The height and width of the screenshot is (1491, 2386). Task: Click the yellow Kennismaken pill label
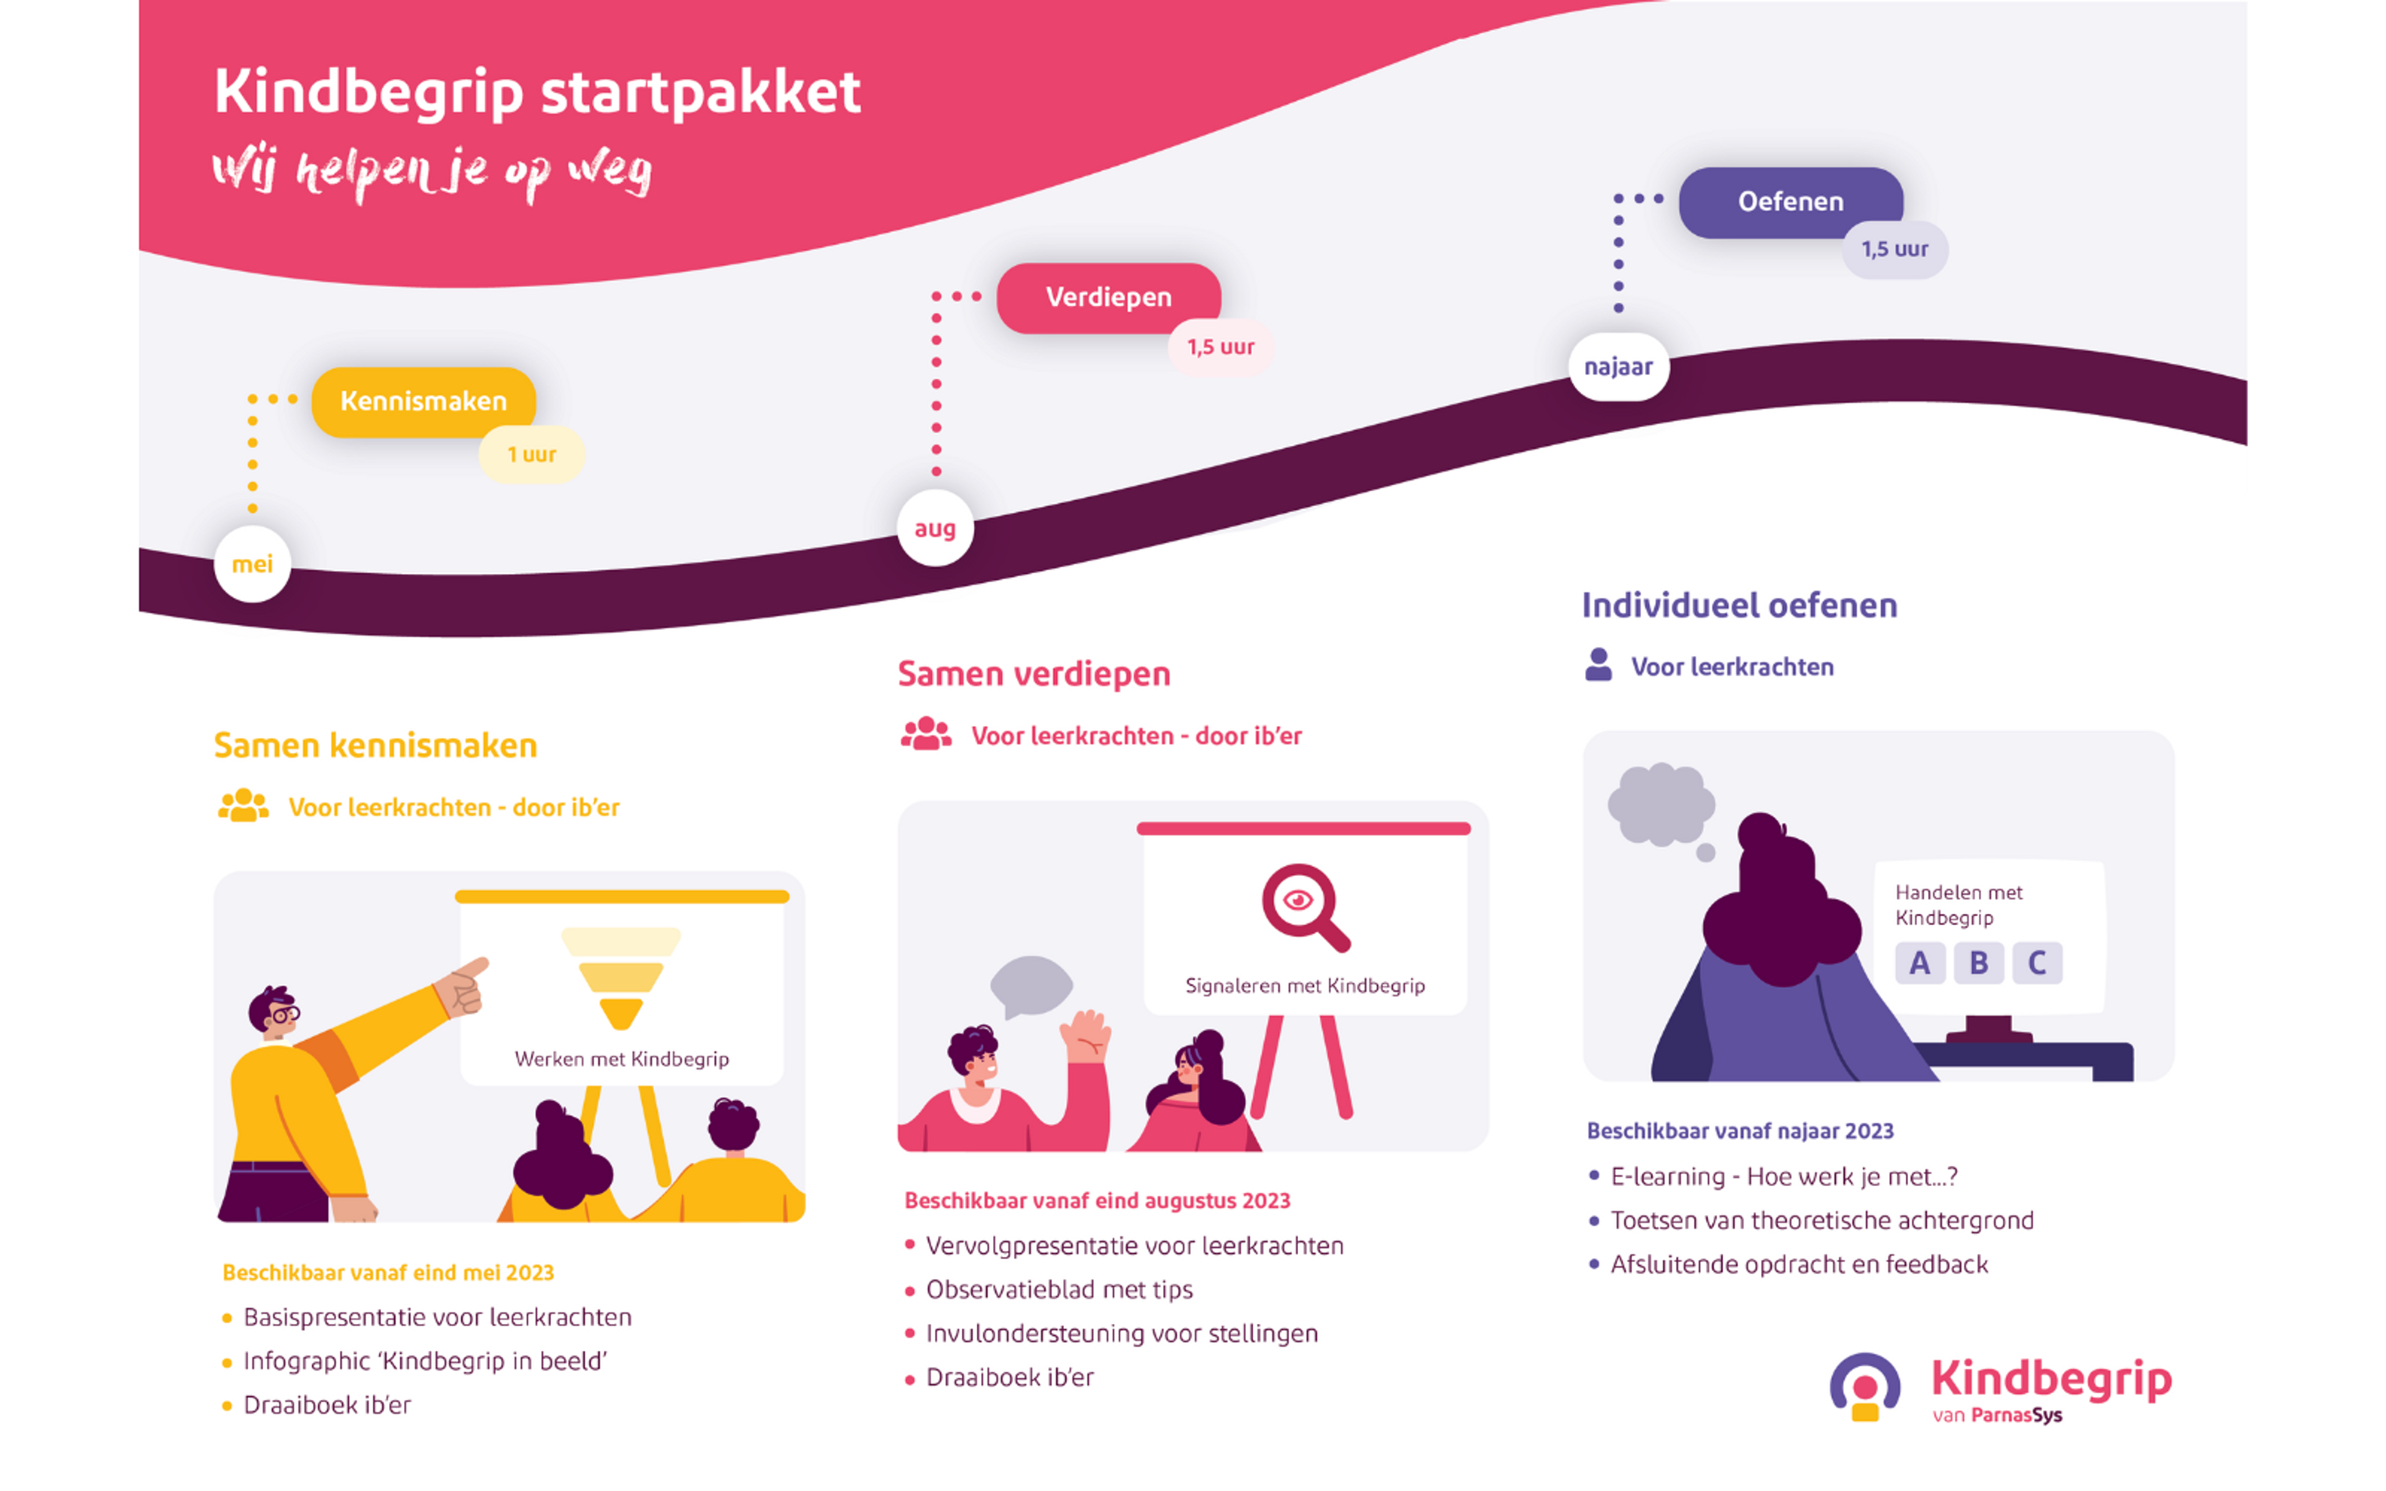tap(424, 401)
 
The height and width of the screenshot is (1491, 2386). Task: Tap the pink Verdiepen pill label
tap(1108, 297)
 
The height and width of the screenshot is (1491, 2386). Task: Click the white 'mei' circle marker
tap(252, 564)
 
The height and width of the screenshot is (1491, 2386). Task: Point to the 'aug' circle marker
tap(935, 529)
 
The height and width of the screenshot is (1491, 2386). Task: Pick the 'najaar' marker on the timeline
tap(1618, 367)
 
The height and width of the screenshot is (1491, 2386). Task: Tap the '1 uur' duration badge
tap(531, 455)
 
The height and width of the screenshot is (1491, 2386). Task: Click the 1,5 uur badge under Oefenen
tap(1894, 250)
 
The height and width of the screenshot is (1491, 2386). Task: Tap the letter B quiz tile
tap(1978, 962)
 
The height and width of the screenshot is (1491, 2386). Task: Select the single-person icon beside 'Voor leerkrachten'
tap(1598, 665)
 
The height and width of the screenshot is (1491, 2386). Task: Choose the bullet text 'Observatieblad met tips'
tap(1059, 1290)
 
